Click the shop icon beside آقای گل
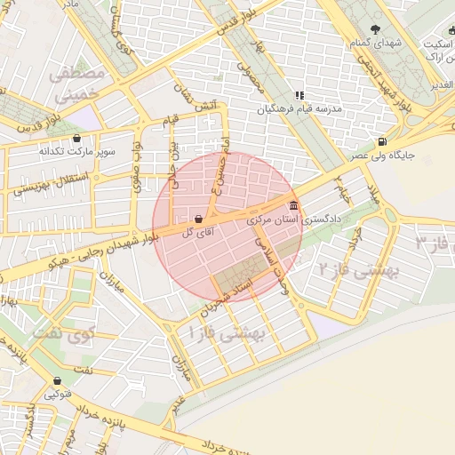[x=198, y=219]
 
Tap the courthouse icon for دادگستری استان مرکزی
[x=293, y=206]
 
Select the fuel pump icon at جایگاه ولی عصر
[x=382, y=141]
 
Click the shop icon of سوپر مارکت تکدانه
[x=76, y=139]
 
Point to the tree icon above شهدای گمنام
[x=376, y=29]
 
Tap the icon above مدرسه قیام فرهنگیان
[x=299, y=95]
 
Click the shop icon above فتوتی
[x=45, y=379]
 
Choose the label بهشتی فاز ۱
[x=223, y=333]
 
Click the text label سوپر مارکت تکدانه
[x=76, y=152]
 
